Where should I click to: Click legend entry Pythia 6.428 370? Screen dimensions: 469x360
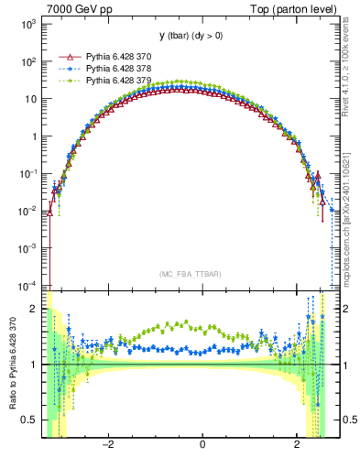pos(120,56)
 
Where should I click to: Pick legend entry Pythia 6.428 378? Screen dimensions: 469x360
pos(120,68)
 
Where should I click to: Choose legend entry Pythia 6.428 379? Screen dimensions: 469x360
pos(120,80)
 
